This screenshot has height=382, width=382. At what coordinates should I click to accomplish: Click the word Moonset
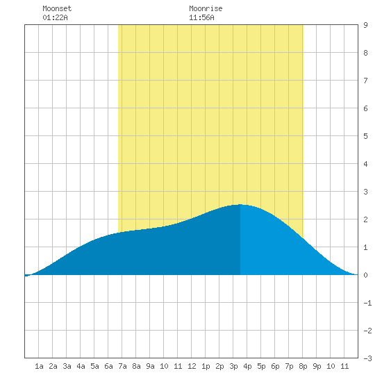[x=57, y=8]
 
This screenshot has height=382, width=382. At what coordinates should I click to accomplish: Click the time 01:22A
[x=55, y=17]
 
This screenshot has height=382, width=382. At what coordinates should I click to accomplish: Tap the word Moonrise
[x=206, y=8]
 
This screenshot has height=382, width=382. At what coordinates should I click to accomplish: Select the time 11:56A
[x=201, y=17]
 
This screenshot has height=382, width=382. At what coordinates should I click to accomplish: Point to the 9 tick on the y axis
[x=365, y=25]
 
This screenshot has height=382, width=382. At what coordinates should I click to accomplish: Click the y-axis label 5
[x=365, y=136]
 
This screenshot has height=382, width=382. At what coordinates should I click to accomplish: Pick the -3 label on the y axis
[x=367, y=358]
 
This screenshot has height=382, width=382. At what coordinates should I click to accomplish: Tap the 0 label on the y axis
[x=365, y=275]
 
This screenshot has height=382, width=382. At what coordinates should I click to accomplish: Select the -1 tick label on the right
[x=367, y=303]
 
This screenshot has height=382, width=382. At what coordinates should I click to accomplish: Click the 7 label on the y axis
[x=365, y=81]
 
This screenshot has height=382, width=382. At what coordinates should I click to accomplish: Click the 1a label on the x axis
[x=39, y=366]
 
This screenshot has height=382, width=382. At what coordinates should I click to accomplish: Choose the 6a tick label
[x=108, y=366]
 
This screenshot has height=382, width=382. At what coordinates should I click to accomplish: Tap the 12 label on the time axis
[x=192, y=366]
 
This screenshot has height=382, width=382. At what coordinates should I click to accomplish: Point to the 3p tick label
[x=233, y=366]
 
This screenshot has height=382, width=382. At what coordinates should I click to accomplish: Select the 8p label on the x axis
[x=303, y=366]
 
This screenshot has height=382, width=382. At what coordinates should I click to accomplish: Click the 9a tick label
[x=150, y=366]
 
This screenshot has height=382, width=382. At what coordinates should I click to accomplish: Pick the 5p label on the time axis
[x=261, y=366]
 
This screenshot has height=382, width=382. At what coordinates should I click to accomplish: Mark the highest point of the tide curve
[x=240, y=205]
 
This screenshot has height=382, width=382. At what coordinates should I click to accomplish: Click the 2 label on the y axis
[x=365, y=219]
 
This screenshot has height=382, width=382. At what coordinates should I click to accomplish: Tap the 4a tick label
[x=81, y=366]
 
